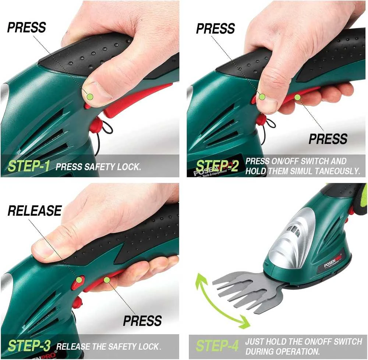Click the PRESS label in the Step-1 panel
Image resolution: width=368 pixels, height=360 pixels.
point(26,28)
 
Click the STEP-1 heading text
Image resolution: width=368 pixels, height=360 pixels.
point(29,166)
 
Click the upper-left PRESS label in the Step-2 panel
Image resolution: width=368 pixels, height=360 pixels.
point(215,29)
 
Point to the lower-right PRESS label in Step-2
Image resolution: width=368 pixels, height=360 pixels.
point(328,139)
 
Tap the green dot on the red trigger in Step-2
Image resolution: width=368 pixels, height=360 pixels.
point(297,97)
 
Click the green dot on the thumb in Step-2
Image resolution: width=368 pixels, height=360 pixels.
point(262,97)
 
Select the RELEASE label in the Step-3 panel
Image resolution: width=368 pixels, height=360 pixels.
point(35,211)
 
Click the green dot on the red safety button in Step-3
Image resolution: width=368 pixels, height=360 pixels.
point(79,280)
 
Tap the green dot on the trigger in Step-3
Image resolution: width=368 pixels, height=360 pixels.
point(107,280)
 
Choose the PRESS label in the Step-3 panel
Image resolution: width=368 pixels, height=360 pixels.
point(142,321)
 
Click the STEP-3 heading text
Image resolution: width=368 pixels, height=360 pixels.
point(29,346)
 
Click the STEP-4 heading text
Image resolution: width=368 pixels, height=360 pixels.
point(217,346)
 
